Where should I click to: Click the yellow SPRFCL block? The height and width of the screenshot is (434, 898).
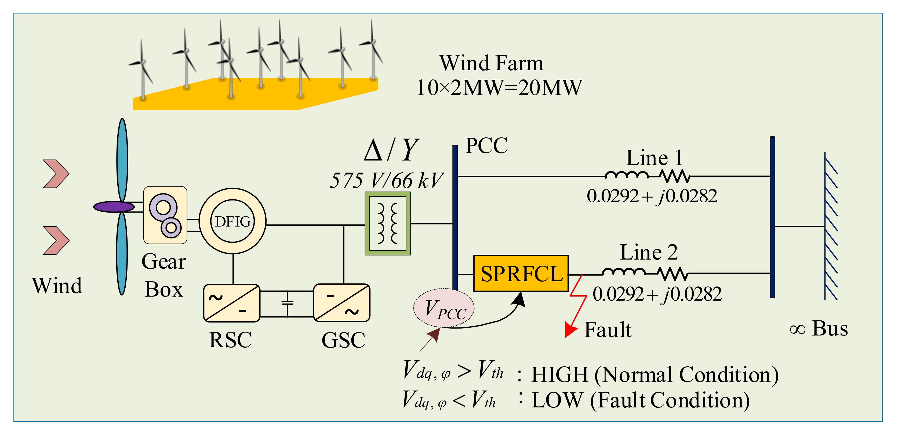click(x=521, y=273)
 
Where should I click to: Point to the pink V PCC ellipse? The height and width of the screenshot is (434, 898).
click(x=444, y=308)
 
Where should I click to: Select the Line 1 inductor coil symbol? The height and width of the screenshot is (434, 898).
click(x=626, y=175)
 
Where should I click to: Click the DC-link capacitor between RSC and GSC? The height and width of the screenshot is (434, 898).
click(x=287, y=303)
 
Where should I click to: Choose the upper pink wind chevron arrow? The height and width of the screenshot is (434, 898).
click(x=56, y=174)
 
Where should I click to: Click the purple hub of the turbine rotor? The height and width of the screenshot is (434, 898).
click(x=114, y=207)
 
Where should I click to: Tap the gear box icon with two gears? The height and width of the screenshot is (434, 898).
click(x=165, y=215)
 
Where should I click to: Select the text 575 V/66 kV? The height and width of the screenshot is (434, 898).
click(x=386, y=181)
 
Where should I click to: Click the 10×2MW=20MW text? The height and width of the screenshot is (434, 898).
click(x=499, y=87)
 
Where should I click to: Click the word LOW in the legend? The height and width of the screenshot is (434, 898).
click(x=557, y=400)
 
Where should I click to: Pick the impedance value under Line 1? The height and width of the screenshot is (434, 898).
click(x=652, y=196)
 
